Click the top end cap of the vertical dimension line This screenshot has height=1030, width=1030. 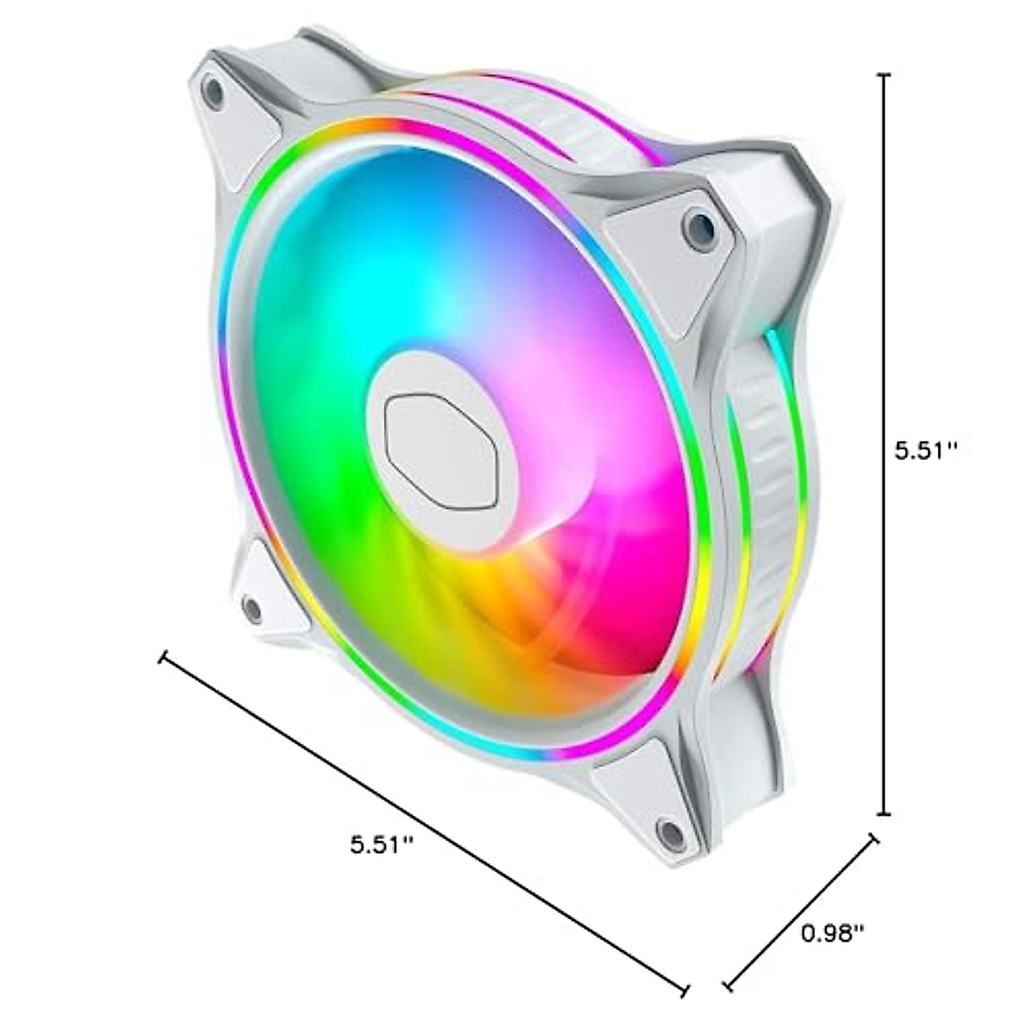coord(885,75)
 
